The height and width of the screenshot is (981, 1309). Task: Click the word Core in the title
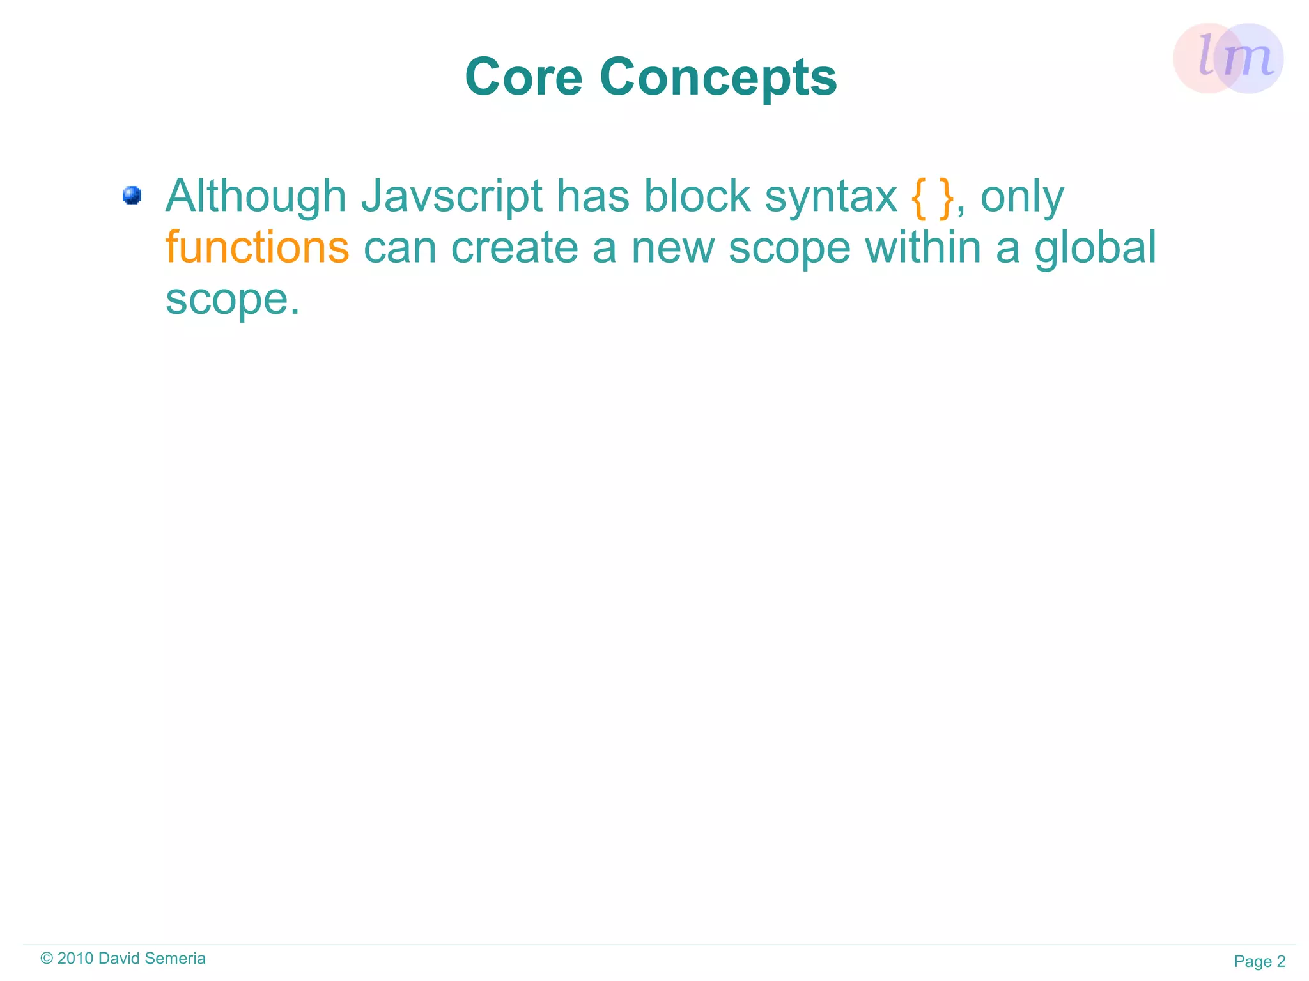pyautogui.click(x=523, y=77)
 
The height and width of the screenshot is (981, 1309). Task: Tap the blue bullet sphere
pyautogui.click(x=132, y=195)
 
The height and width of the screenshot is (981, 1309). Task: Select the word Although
pyautogui.click(x=256, y=196)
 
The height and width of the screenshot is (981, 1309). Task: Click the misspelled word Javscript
pyautogui.click(x=451, y=196)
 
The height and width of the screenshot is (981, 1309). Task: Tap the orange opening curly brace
pyautogui.click(x=918, y=198)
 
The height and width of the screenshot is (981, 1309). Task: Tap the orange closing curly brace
pyautogui.click(x=947, y=198)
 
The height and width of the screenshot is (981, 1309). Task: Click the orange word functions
pyautogui.click(x=257, y=247)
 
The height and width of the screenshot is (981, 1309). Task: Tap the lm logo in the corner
pyautogui.click(x=1228, y=58)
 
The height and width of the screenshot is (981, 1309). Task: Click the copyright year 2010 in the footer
pyautogui.click(x=75, y=959)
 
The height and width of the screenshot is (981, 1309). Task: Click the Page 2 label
pyautogui.click(x=1259, y=961)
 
